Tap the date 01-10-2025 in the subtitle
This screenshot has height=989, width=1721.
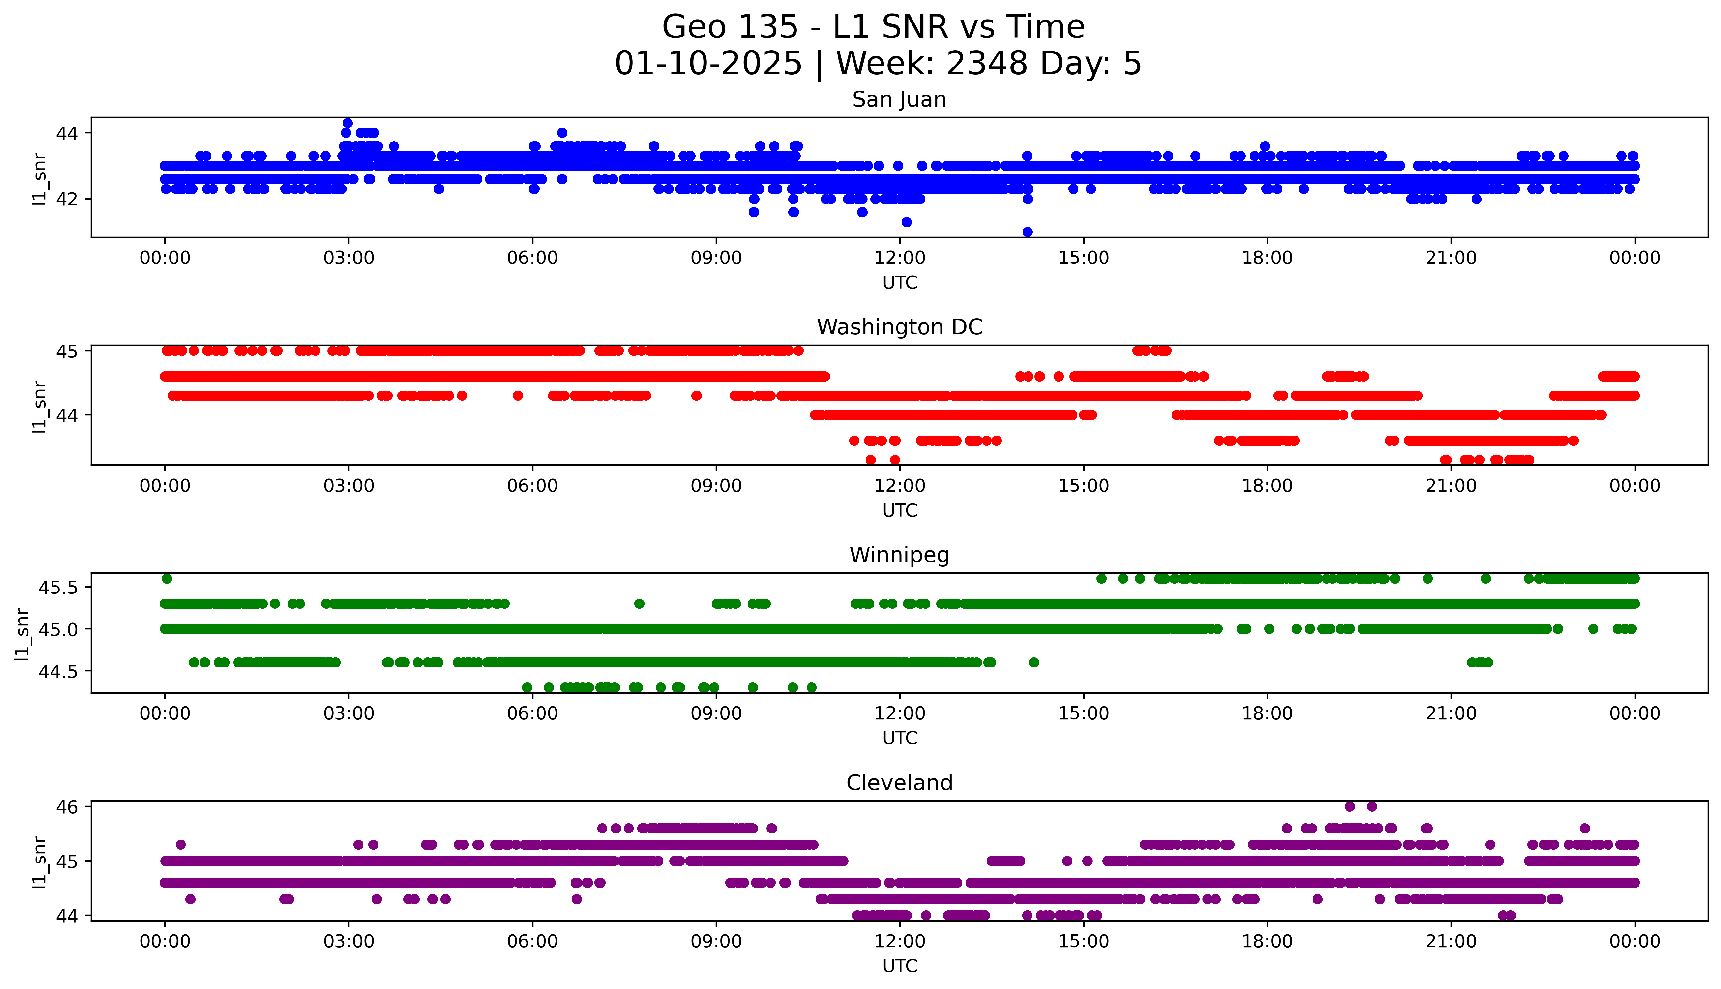coord(708,64)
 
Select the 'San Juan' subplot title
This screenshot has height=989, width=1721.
coord(899,100)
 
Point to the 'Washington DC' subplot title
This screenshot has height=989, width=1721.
coord(899,327)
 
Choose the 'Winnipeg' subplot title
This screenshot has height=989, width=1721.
coord(899,555)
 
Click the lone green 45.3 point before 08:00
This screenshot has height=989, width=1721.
coord(639,603)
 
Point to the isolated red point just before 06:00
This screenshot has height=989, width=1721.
coord(518,395)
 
